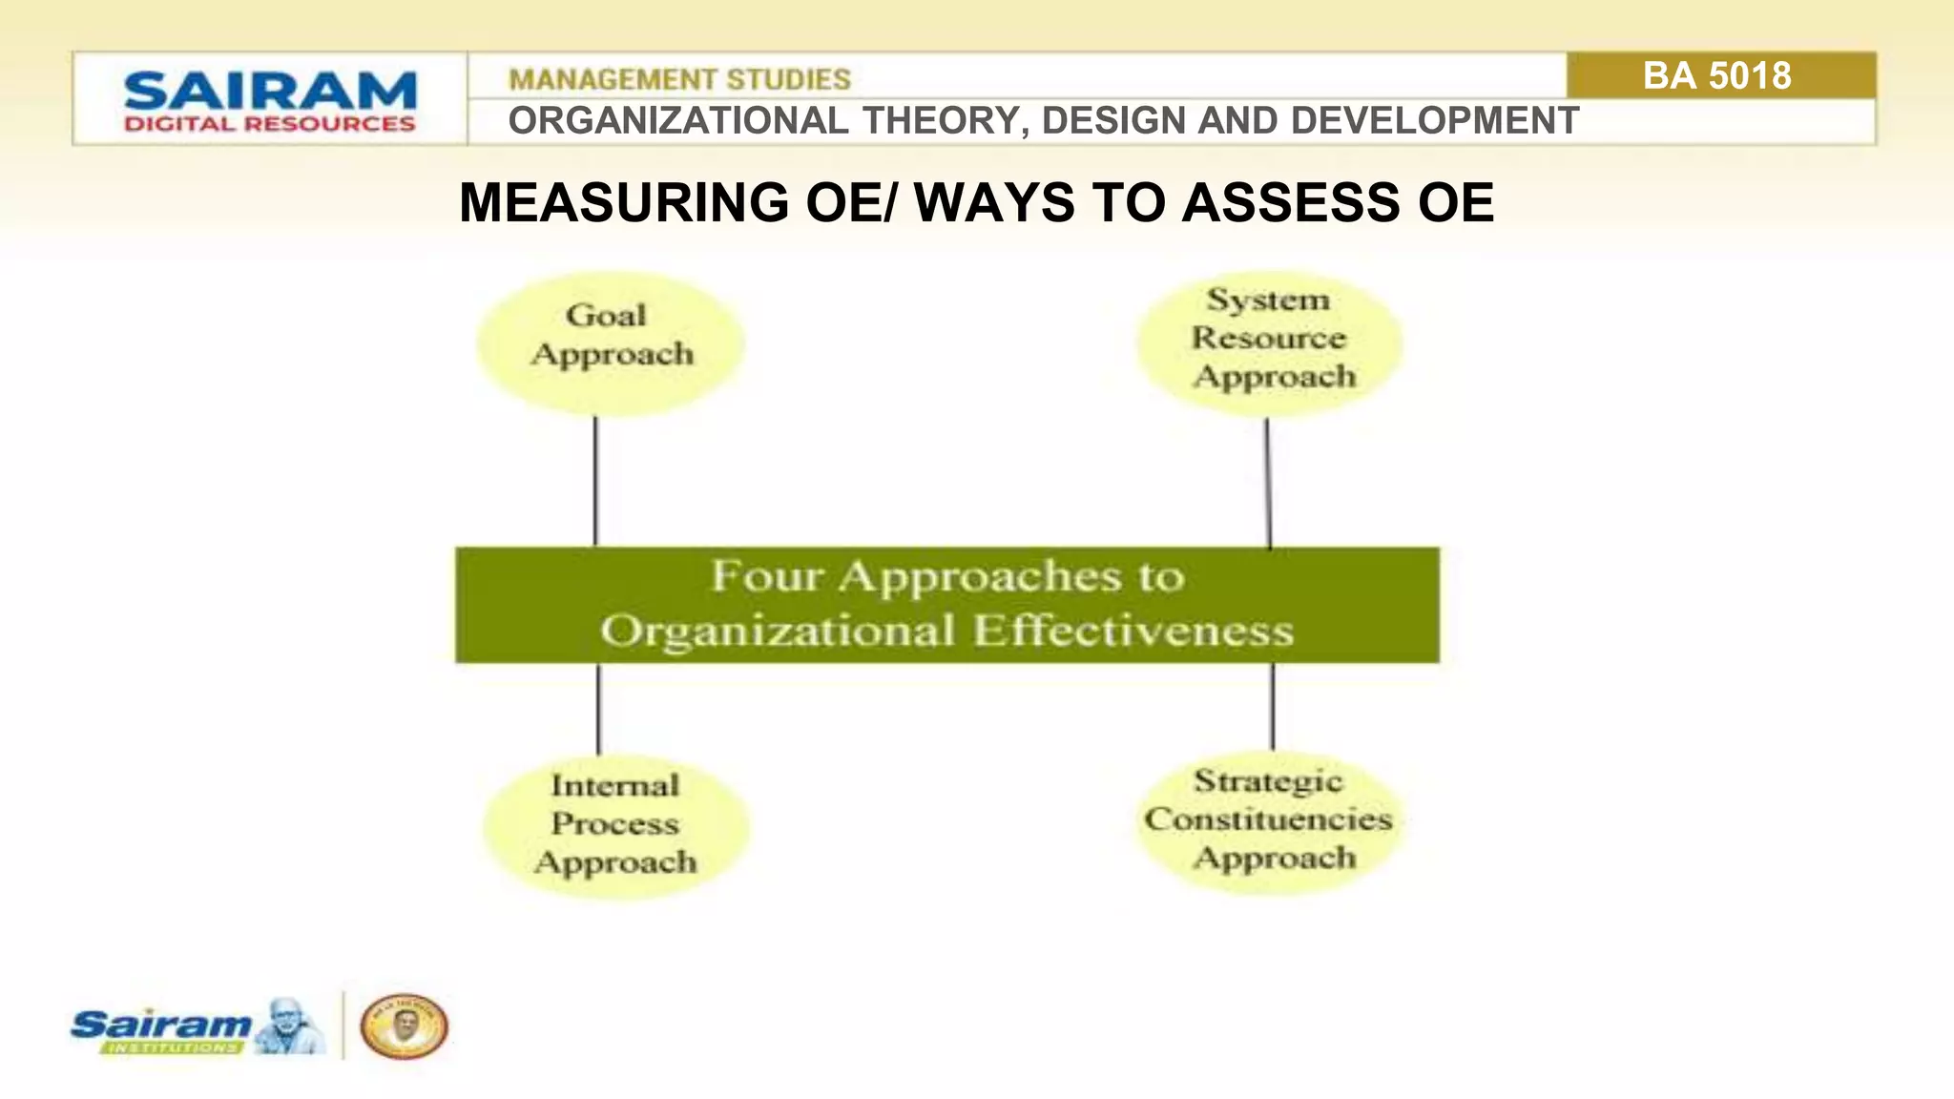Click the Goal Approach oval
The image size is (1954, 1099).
(611, 343)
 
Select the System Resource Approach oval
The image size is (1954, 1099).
(1270, 343)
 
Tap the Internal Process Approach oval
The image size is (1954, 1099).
(615, 825)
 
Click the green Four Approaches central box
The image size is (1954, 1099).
(947, 605)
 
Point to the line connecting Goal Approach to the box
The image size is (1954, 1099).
(596, 482)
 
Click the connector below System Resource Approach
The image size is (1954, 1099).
(1268, 483)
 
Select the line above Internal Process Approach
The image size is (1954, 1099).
(599, 709)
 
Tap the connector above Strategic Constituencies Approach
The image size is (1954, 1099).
(1273, 707)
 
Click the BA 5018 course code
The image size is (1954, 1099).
(1717, 76)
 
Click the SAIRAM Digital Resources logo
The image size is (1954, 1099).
(270, 100)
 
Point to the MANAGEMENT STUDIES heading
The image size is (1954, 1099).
(679, 79)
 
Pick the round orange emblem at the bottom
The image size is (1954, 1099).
(404, 1026)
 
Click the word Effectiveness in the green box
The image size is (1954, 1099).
(1133, 632)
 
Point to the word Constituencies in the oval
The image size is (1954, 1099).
(1269, 819)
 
